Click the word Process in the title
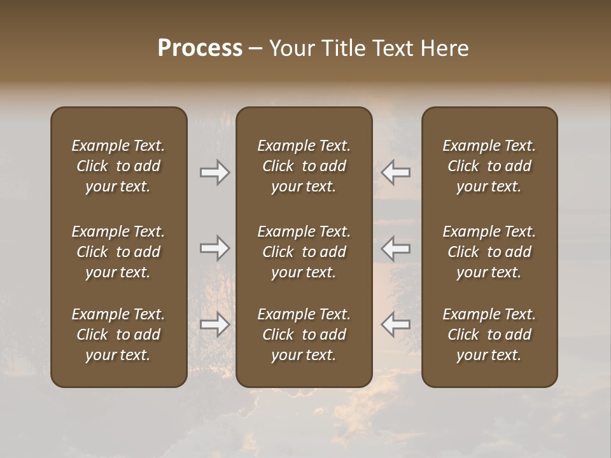[200, 48]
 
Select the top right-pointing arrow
[214, 172]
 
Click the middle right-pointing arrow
[214, 248]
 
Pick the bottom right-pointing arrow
[214, 324]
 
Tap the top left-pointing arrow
[395, 172]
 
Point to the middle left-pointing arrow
[395, 248]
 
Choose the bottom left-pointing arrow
[395, 324]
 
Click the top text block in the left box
[118, 166]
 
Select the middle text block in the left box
[118, 252]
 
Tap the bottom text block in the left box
[118, 335]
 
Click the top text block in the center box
[304, 166]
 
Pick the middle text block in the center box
[304, 252]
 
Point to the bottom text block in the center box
[304, 335]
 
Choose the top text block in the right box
[489, 166]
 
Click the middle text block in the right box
[489, 252]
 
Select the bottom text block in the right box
[489, 335]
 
